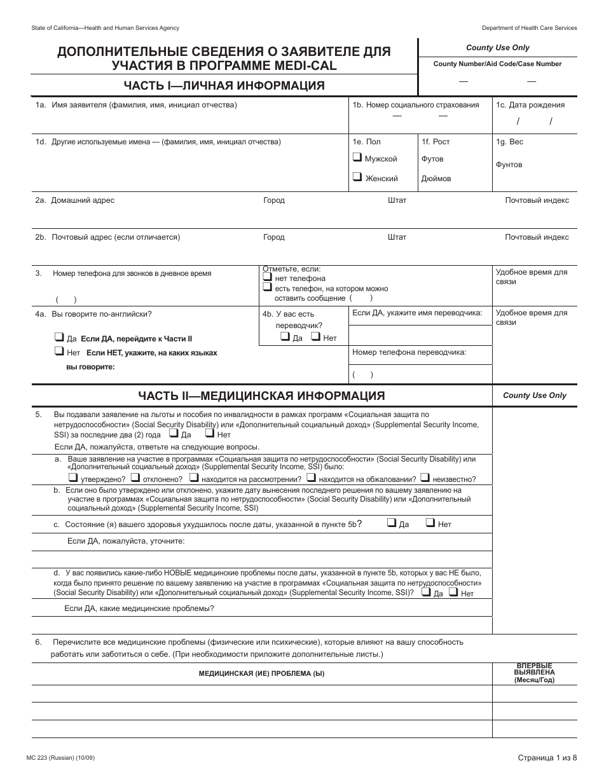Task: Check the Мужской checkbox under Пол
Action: (357, 158)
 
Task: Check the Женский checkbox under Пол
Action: (357, 178)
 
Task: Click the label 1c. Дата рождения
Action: (530, 105)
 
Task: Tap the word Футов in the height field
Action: (432, 159)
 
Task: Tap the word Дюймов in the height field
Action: (436, 179)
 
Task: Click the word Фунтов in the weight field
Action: (509, 165)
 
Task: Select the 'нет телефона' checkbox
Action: (267, 278)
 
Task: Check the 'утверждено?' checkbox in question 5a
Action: (72, 478)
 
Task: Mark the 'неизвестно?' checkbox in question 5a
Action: (425, 478)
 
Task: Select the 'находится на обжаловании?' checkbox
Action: (312, 478)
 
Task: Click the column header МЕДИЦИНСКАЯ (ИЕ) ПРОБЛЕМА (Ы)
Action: (261, 674)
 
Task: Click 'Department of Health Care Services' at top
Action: (529, 28)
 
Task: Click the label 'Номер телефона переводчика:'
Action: (409, 352)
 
